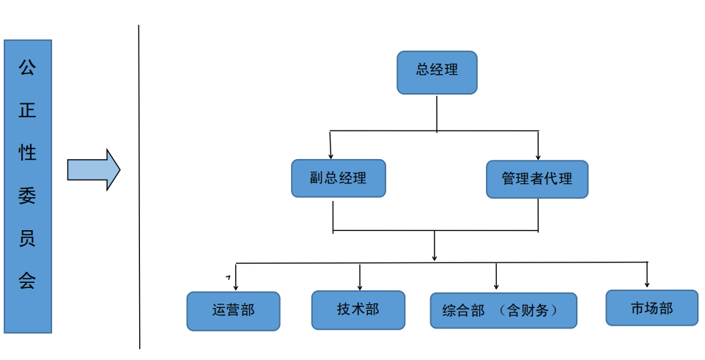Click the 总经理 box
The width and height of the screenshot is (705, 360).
coord(437,73)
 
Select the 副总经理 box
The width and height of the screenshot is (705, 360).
coord(338,178)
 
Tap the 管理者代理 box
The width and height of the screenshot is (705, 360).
coord(537,179)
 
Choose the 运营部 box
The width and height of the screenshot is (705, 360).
coord(233,311)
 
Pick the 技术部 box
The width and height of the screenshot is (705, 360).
coord(358,309)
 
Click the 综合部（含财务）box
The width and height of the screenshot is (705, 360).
coord(503,310)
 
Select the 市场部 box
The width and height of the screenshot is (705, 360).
coord(652,308)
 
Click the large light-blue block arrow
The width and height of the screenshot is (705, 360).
coord(94,169)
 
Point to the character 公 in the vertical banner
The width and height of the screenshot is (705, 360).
coord(27,67)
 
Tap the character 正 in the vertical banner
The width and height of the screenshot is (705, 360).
coord(27,109)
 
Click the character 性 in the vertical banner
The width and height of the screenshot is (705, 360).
coord(27,152)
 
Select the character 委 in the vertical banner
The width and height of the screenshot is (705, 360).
coord(27,195)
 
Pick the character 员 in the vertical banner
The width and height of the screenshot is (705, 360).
coord(27,238)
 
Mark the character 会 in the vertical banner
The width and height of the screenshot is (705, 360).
coord(27,280)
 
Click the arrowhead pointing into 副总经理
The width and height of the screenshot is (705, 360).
coord(331,156)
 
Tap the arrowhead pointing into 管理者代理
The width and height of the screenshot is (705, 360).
coord(538,157)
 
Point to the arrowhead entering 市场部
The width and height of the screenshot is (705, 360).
coord(647,284)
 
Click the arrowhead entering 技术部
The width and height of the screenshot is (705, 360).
coord(360,287)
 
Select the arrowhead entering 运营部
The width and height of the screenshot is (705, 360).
coord(235,287)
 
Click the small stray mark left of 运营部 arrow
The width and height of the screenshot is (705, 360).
coord(228,278)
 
